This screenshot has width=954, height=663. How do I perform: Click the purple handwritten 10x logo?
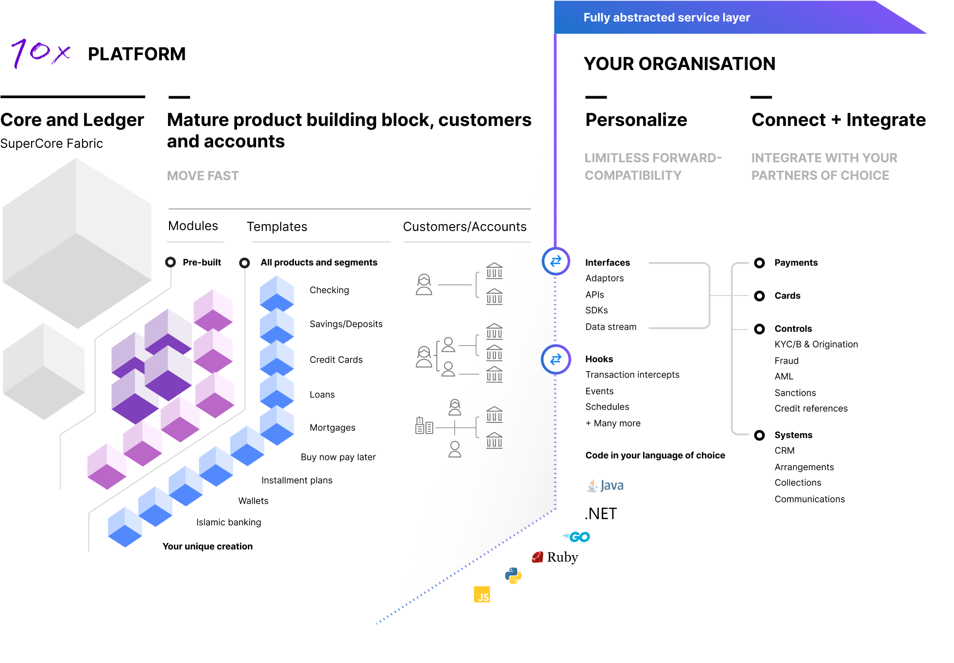tap(41, 52)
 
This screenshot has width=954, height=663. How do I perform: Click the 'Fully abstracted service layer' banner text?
tap(666, 17)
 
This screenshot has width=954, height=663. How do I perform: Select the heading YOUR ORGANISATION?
tap(679, 64)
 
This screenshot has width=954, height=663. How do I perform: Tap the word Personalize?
tap(636, 120)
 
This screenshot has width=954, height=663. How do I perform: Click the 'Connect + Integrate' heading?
tap(838, 120)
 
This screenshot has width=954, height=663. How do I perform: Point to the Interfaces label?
tap(607, 262)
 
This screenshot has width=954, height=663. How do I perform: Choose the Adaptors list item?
tap(604, 278)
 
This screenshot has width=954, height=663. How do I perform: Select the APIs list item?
tap(595, 295)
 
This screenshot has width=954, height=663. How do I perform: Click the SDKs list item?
tap(596, 310)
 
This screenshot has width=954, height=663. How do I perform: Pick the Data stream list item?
tap(611, 327)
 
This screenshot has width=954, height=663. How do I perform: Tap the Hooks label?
tap(599, 359)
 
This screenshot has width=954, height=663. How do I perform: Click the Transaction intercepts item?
tap(632, 375)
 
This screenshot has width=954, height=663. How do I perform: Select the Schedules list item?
tap(607, 407)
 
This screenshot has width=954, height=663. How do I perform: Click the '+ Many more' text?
tap(613, 423)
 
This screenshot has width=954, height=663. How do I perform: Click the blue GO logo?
tap(577, 537)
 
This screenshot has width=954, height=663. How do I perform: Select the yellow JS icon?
tap(482, 594)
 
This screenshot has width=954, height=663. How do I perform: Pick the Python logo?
tap(513, 576)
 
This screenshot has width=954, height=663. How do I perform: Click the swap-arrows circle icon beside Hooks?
tap(556, 359)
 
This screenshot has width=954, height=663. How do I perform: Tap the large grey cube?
tap(77, 243)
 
